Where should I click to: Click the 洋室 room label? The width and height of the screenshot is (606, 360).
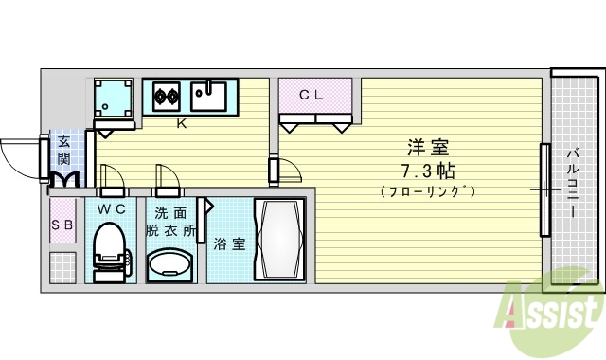[x=428, y=148]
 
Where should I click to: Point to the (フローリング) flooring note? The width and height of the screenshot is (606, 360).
[x=428, y=191]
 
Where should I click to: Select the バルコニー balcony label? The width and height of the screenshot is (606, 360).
[x=574, y=182]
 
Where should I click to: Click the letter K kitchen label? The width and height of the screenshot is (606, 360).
[x=180, y=123]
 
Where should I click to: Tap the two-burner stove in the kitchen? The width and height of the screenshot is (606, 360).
[x=168, y=95]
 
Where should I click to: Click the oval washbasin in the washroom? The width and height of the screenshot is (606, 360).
[x=170, y=264]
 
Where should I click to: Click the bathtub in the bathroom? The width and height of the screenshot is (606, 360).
[x=279, y=239]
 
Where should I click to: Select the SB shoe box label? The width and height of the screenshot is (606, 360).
[x=62, y=225]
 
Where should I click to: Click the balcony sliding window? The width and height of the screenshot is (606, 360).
[x=545, y=189]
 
